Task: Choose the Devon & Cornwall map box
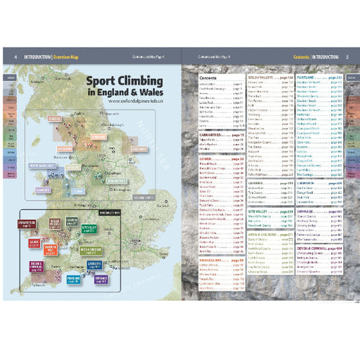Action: coord(36,266)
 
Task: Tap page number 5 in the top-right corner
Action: coord(346,57)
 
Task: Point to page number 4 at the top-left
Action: coord(15,57)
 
